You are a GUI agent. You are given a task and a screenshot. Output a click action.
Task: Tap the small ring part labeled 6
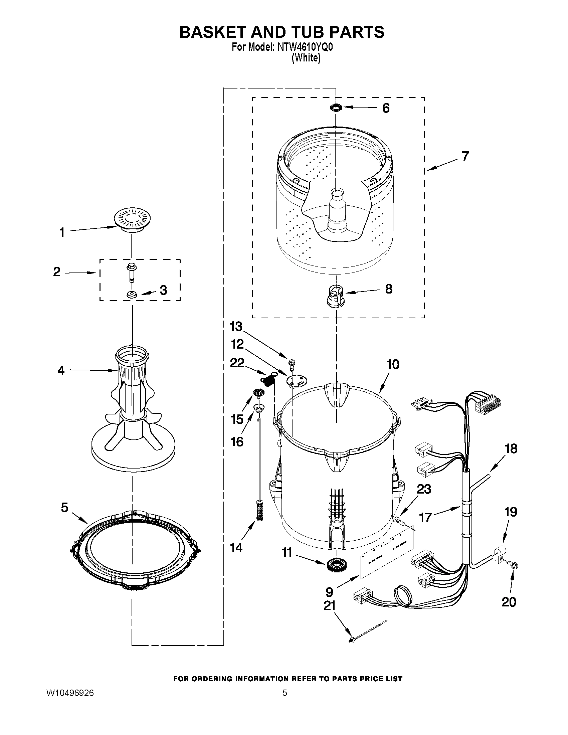tap(336, 108)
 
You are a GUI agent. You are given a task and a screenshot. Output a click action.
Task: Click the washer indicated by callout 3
tap(131, 295)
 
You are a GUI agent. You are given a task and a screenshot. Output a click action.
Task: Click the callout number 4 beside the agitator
tap(61, 371)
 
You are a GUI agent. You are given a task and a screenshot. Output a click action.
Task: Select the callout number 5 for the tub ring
tap(64, 507)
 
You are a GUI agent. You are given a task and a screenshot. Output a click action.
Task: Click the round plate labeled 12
tap(296, 380)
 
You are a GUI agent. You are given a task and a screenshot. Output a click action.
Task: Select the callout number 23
tap(423, 489)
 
